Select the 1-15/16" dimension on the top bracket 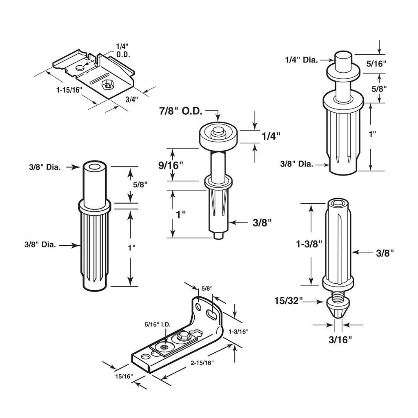coord(69,89)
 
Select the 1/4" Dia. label coord(301,60)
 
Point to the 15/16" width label coord(123,376)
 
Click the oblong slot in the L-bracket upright coord(211,314)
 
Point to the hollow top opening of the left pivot coord(93,167)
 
